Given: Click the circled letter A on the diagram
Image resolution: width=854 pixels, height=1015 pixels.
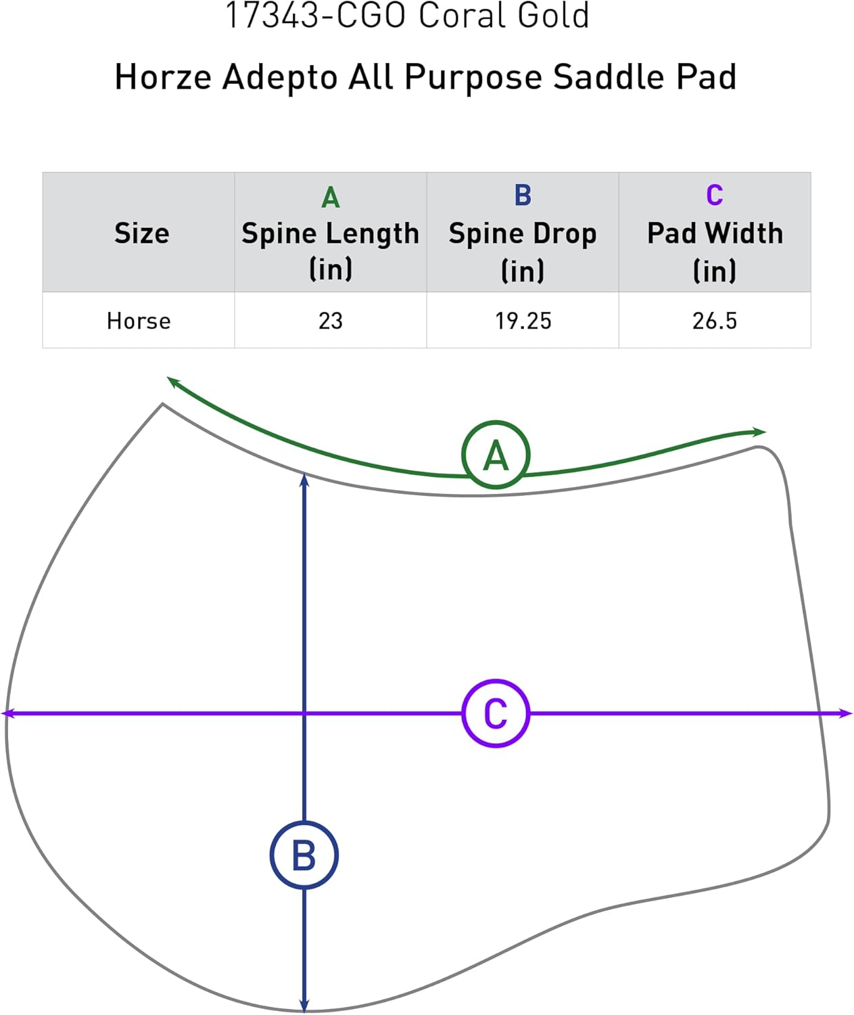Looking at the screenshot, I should [496, 455].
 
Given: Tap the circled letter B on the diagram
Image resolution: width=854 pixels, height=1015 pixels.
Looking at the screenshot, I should [304, 855].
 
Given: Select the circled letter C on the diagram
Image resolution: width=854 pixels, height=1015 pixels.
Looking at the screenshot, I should [496, 713].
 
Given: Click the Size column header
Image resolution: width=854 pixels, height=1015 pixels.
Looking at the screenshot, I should [141, 233].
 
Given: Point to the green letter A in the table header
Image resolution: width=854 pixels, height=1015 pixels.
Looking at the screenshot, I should [330, 198].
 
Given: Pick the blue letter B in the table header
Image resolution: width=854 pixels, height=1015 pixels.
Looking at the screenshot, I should [523, 196].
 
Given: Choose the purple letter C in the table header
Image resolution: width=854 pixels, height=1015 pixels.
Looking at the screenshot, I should [715, 196].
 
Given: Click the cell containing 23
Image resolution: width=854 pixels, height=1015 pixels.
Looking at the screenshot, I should [331, 321].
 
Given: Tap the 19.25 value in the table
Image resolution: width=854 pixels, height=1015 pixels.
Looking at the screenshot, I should [523, 321].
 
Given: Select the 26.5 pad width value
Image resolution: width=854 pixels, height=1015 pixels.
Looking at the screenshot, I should [715, 321].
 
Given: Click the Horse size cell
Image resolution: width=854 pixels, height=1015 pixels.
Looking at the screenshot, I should [139, 321].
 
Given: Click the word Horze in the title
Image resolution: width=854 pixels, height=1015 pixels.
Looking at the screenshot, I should [163, 76].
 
